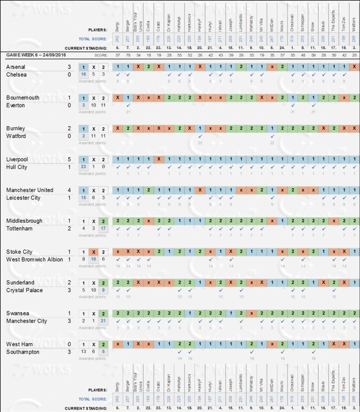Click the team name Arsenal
[x=17, y=67]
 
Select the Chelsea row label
[x=17, y=74]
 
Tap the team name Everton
[x=16, y=105]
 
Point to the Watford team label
[x=17, y=136]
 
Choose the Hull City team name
[x=18, y=167]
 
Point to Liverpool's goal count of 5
[x=69, y=159]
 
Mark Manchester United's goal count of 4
[x=69, y=190]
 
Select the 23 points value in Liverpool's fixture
[x=83, y=167]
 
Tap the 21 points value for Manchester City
[x=104, y=321]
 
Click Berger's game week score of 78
[x=128, y=54]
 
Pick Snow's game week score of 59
[x=313, y=54]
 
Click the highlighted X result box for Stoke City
[x=94, y=252]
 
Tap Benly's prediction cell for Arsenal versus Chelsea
[x=117, y=67]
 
